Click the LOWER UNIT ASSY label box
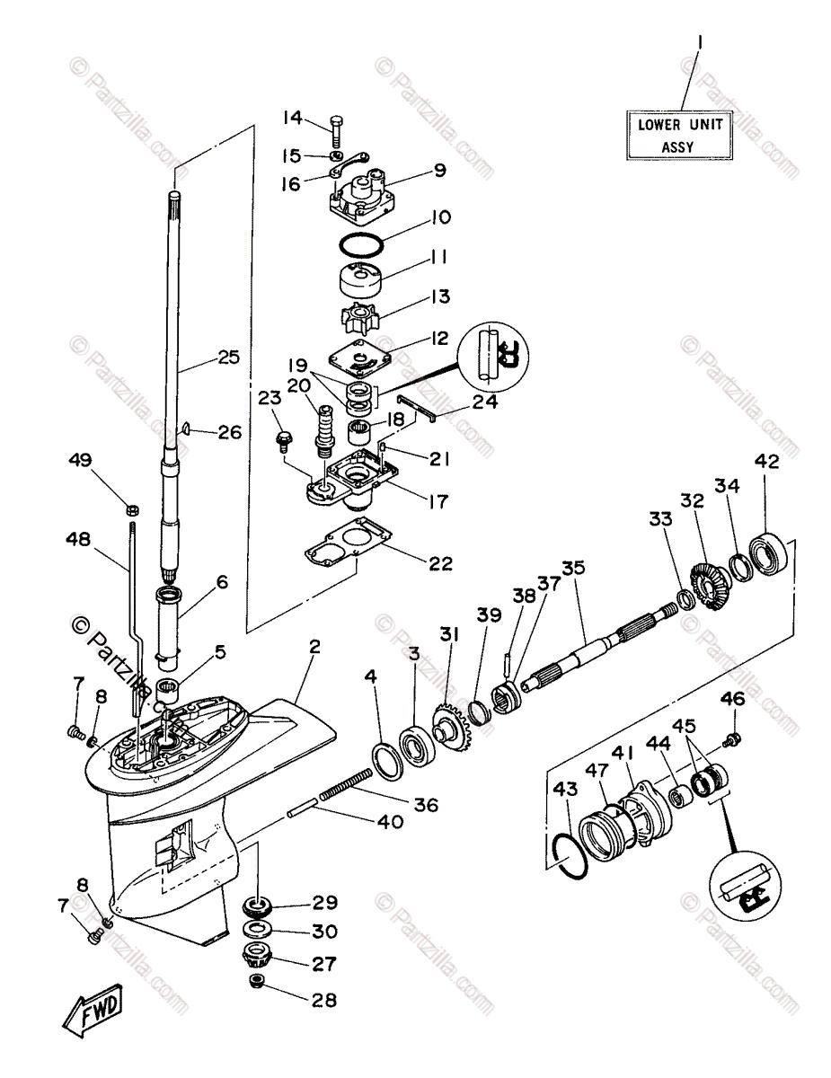coord(679,135)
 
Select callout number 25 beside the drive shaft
coord(229,358)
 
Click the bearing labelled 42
coord(770,553)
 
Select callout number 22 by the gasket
coord(440,563)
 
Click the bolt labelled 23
coord(284,440)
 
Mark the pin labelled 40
coord(301,812)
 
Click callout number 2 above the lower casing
coord(314,647)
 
